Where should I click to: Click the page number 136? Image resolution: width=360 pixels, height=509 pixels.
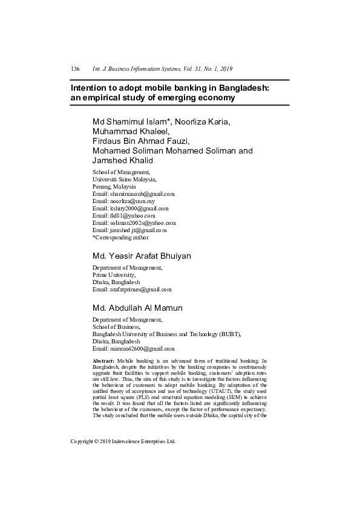click(76, 70)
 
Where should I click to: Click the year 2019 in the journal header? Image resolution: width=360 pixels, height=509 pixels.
click(225, 70)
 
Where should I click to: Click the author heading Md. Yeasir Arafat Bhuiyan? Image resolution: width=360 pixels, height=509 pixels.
click(142, 256)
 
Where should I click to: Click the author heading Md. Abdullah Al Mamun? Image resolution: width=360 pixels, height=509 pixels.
click(137, 308)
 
